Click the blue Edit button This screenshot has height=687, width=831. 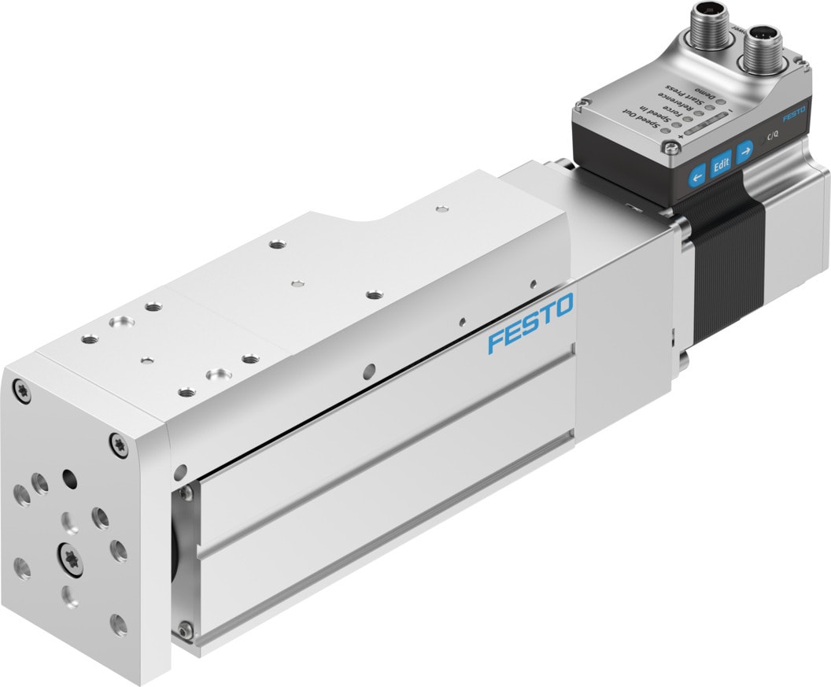coord(721,163)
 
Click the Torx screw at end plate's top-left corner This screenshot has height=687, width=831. coord(21,390)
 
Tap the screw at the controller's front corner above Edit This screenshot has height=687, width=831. coord(670,145)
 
